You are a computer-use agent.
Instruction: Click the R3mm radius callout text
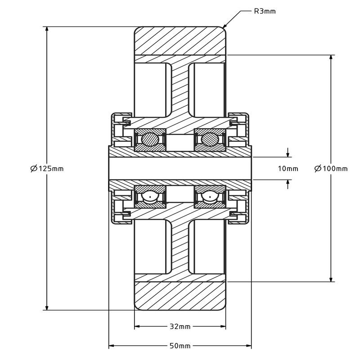265,11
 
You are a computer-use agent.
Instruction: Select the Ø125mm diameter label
47,169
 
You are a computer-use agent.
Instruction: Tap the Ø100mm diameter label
331,169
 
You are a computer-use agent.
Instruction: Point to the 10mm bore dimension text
288,169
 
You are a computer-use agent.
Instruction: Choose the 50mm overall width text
180,346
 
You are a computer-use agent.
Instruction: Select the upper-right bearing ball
209,140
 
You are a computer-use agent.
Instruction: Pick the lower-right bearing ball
209,197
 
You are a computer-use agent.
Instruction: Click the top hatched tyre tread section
180,40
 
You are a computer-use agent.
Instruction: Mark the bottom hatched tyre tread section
180,296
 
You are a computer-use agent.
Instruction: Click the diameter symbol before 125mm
34,169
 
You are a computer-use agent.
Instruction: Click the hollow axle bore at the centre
180,168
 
